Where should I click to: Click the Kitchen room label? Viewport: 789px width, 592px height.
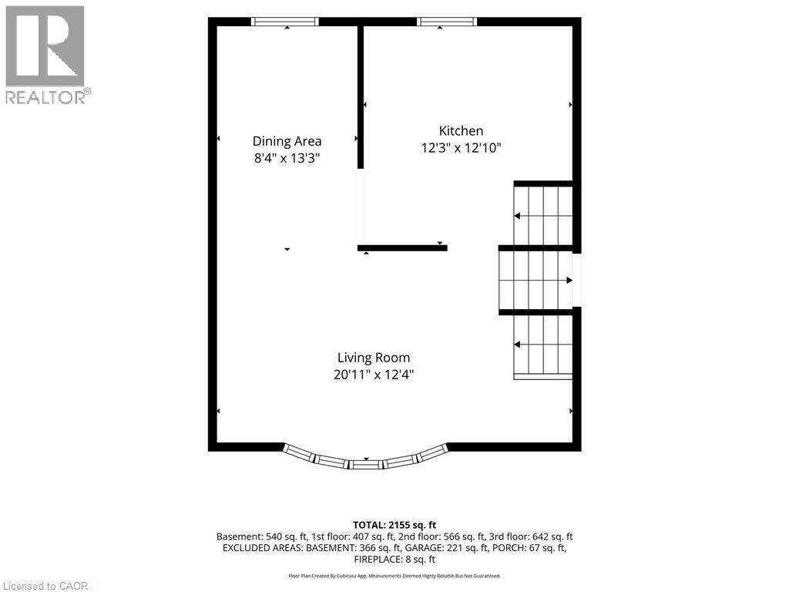click(461, 131)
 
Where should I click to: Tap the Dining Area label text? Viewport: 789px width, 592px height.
click(287, 142)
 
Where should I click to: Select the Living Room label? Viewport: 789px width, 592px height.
click(374, 358)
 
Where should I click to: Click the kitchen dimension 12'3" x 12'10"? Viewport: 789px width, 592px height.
click(462, 148)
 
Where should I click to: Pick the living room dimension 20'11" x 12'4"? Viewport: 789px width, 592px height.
click(374, 375)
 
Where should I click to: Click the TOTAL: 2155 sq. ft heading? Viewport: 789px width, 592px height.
click(394, 525)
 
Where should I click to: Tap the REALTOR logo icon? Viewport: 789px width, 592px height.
click(45, 46)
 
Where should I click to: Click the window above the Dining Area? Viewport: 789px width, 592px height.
click(285, 22)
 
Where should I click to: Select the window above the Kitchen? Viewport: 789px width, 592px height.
click(446, 22)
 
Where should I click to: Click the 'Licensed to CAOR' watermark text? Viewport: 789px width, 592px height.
click(45, 586)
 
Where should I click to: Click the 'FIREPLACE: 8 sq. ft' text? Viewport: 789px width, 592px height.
click(394, 560)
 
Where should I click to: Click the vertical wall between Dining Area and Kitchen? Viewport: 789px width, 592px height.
click(361, 97)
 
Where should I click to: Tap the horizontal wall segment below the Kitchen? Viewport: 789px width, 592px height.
click(402, 247)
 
